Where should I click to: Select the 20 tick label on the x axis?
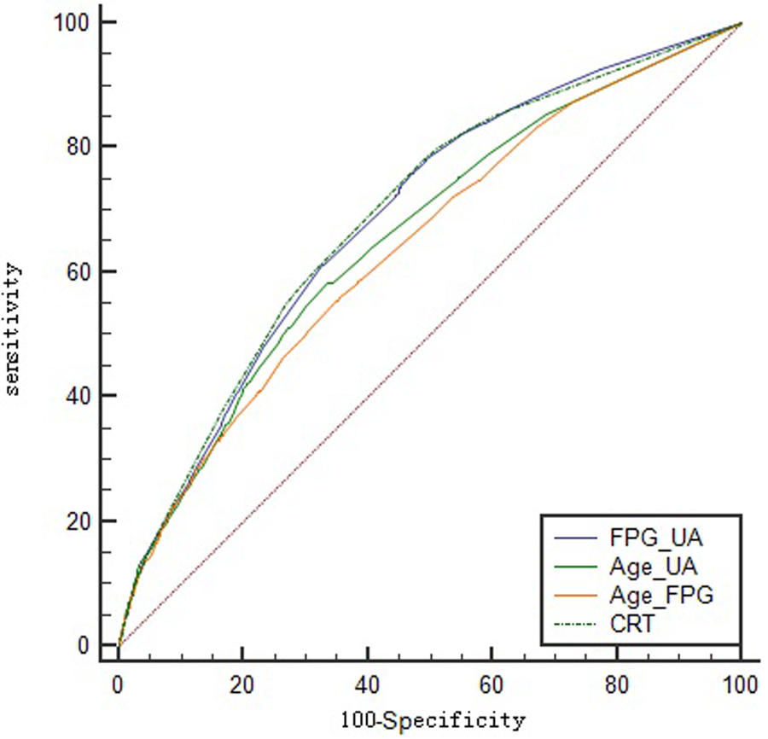[242, 685]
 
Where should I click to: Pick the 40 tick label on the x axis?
[367, 685]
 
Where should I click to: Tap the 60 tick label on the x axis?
[492, 685]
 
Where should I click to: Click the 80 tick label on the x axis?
[616, 685]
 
